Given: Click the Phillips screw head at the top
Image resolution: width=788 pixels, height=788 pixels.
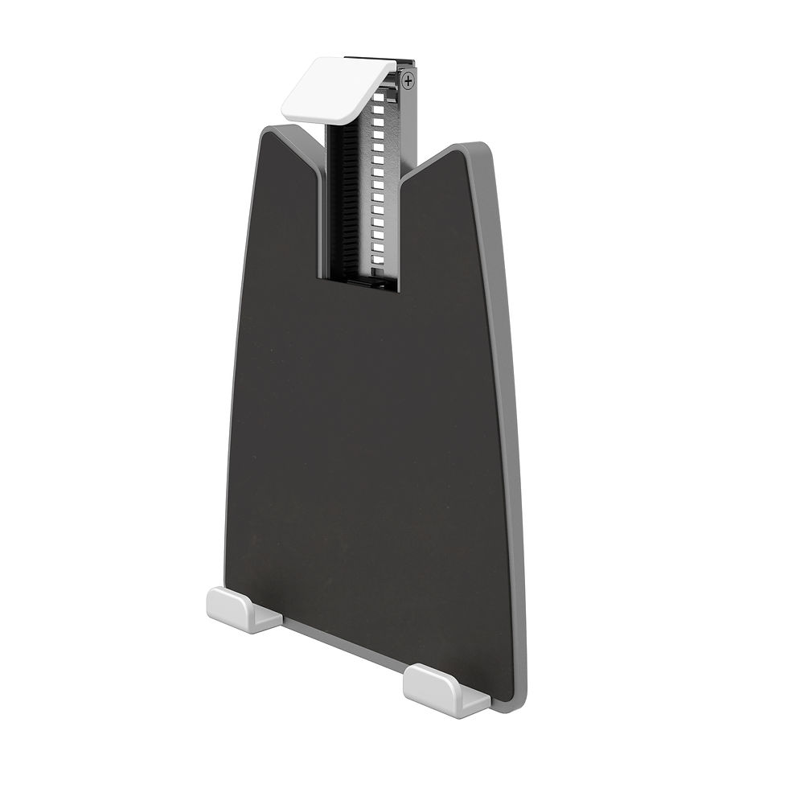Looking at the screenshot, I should pyautogui.click(x=410, y=80).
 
